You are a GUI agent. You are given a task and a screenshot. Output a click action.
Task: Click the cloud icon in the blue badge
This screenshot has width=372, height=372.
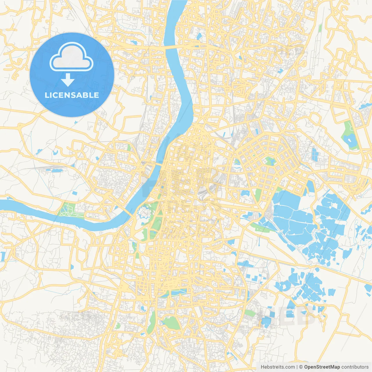tap(71, 57)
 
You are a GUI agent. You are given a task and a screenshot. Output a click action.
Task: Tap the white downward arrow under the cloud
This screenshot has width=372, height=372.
tap(68, 80)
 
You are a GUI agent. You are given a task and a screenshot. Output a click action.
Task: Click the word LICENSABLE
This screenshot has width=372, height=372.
tap(72, 95)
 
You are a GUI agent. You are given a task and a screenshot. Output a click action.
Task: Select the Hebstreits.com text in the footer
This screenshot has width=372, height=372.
tap(278, 367)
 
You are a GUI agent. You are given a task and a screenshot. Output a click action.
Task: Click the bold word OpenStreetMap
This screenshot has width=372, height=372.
tap(322, 367)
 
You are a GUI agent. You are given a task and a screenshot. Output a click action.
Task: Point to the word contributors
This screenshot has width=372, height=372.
tap(355, 367)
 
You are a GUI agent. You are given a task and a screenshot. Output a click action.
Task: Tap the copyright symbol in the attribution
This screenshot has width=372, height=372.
tap(301, 367)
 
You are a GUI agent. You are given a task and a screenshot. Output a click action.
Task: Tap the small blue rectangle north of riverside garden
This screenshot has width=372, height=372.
tap(75, 193)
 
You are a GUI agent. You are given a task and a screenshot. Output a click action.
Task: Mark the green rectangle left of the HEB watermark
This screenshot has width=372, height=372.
tap(249, 313)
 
